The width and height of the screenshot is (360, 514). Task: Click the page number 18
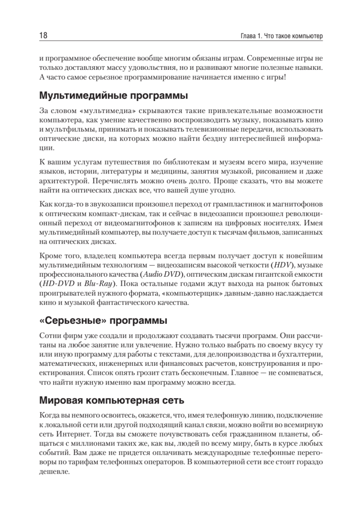click(42, 35)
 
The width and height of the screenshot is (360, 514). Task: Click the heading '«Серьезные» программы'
click(103, 321)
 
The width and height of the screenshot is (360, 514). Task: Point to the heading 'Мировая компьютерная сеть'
click(111, 401)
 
